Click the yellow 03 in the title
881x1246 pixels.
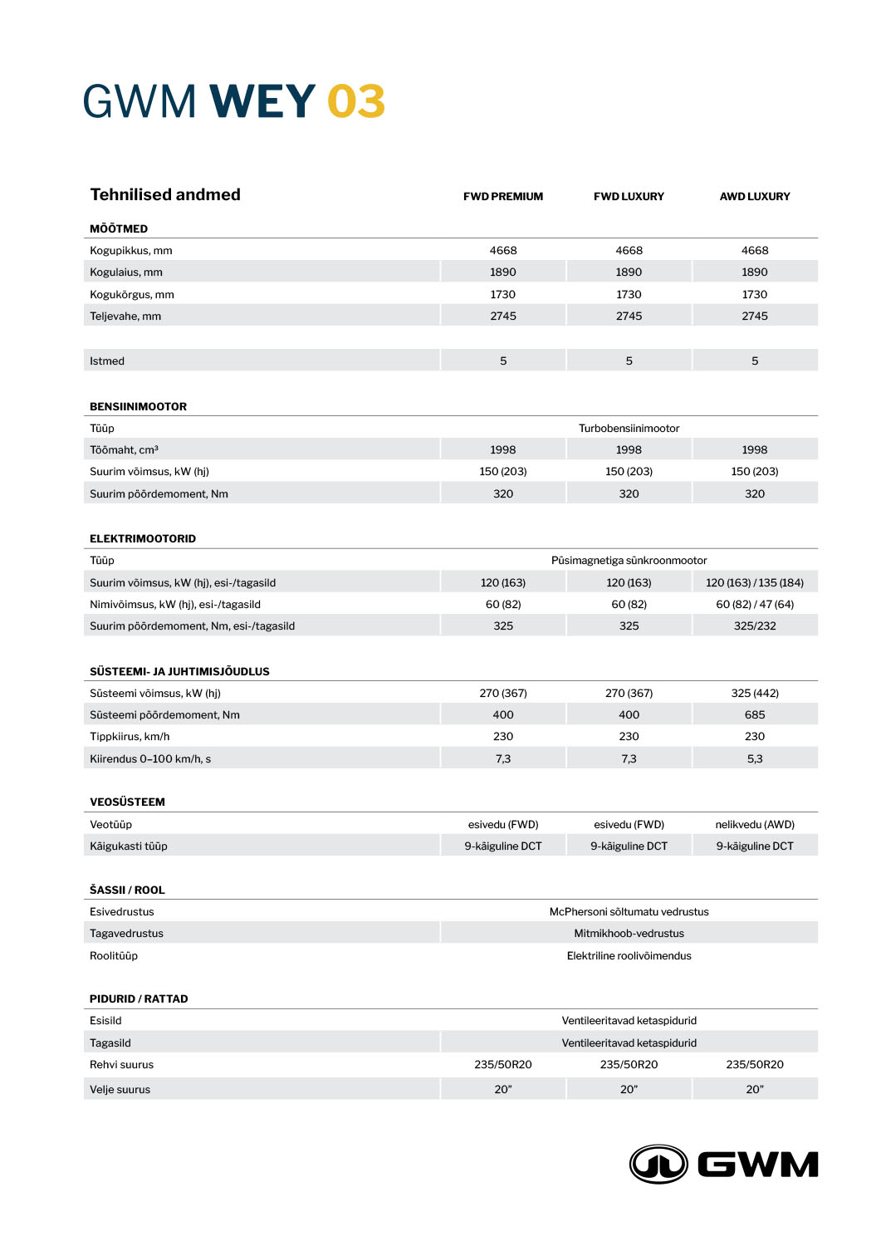[356, 101]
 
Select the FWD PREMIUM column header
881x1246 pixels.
[503, 197]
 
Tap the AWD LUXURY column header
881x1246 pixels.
[755, 197]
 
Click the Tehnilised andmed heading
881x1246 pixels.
[165, 194]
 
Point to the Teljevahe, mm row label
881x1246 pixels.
[125, 316]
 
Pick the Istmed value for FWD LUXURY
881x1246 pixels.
[629, 361]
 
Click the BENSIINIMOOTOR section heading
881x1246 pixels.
[138, 407]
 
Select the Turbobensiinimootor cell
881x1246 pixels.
[629, 429]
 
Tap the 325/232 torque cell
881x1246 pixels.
[755, 626]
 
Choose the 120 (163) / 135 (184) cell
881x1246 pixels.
[755, 583]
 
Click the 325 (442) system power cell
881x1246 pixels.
[755, 694]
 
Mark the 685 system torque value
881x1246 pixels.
[755, 715]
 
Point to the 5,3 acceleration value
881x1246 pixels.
[755, 759]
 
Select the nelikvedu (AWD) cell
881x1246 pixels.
[755, 825]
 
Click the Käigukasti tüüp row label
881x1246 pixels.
[129, 846]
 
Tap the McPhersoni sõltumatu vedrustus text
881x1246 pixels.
[629, 912]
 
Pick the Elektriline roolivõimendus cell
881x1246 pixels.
[629, 956]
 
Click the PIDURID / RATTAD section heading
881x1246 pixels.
[139, 999]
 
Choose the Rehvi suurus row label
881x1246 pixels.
[121, 1065]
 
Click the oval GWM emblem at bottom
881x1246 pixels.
[658, 1164]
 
